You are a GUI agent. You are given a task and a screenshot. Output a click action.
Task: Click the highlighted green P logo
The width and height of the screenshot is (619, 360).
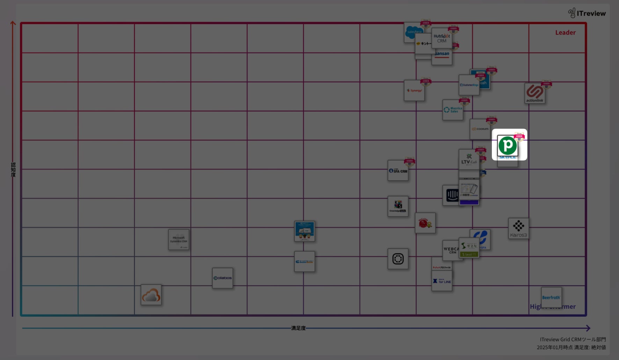click(508, 145)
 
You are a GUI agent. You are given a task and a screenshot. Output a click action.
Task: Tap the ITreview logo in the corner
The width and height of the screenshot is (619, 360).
click(587, 13)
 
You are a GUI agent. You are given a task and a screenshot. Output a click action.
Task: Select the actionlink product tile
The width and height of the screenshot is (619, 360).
click(534, 93)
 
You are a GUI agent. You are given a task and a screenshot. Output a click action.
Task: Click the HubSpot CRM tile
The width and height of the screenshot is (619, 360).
click(442, 38)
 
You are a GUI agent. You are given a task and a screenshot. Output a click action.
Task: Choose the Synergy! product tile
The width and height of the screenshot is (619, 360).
click(414, 90)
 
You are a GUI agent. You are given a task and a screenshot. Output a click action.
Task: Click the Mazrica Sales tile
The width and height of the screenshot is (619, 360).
click(453, 110)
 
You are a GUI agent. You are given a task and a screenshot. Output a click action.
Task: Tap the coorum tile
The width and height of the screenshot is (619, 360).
click(480, 129)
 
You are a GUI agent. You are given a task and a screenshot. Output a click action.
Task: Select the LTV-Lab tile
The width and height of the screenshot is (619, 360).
click(469, 160)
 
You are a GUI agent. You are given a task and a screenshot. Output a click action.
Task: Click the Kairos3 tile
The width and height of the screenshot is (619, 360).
click(518, 228)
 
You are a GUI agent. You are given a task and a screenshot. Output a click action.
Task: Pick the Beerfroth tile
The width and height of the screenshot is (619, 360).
click(551, 297)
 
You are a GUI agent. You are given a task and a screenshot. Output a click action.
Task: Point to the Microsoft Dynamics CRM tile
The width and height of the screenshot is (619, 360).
click(179, 240)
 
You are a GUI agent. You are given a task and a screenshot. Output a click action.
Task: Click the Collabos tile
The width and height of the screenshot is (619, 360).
click(223, 278)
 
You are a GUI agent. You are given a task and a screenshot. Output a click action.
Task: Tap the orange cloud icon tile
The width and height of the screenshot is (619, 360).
click(151, 295)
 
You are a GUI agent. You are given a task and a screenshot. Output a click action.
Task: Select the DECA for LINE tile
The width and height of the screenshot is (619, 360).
click(442, 281)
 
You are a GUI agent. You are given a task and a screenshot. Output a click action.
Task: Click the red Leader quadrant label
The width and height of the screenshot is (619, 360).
click(565, 32)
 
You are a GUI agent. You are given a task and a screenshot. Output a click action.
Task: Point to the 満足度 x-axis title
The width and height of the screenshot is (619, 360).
click(298, 328)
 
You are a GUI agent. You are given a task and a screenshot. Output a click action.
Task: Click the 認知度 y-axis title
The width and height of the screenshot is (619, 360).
click(13, 170)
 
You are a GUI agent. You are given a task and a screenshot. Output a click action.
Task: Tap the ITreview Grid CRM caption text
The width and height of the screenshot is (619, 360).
click(573, 339)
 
